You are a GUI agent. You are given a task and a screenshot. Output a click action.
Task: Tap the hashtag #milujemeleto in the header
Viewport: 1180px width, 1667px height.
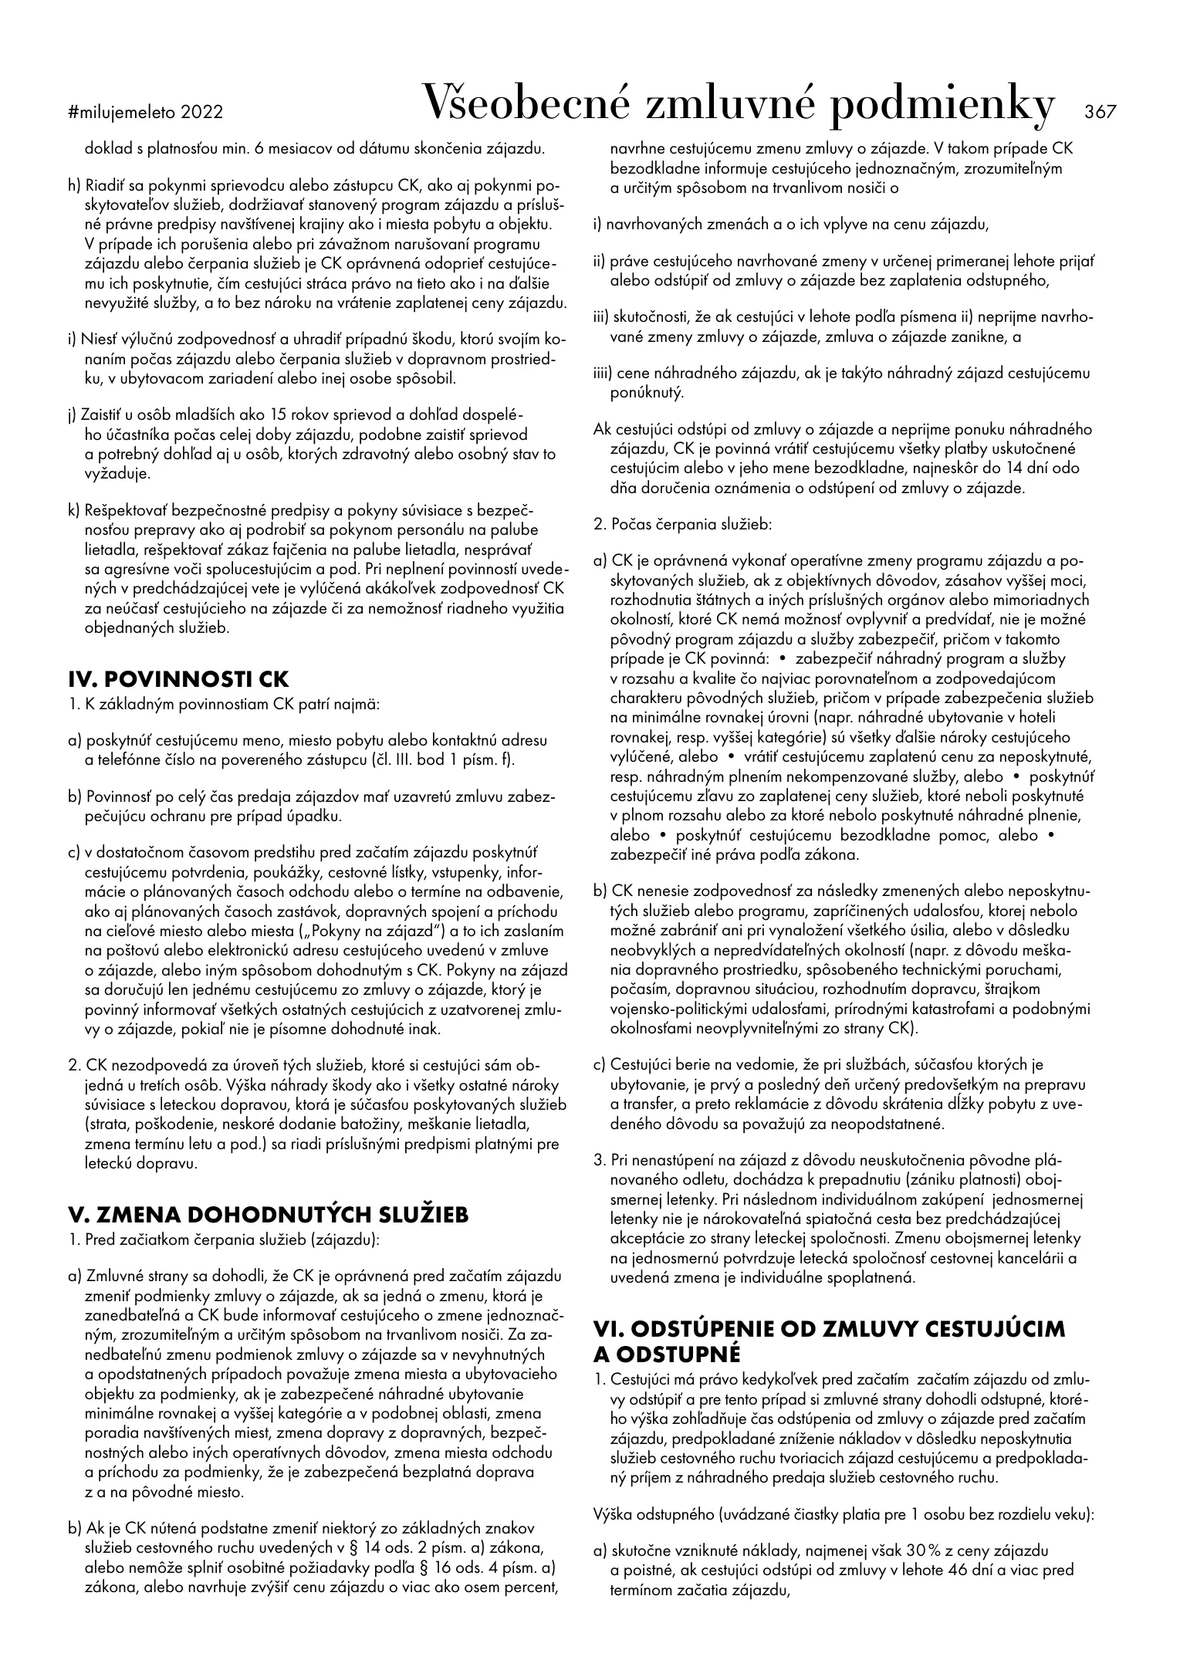pyautogui.click(x=122, y=113)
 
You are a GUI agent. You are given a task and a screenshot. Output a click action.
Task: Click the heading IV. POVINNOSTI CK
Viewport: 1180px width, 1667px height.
pyautogui.click(x=178, y=680)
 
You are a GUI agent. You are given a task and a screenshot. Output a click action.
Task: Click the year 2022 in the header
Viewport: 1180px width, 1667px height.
pyautogui.click(x=202, y=113)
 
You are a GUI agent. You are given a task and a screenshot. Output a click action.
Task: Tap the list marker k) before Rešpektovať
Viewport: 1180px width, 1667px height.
pyautogui.click(x=75, y=511)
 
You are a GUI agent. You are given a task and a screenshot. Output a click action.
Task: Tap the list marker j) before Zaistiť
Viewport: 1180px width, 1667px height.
pyautogui.click(x=74, y=415)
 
